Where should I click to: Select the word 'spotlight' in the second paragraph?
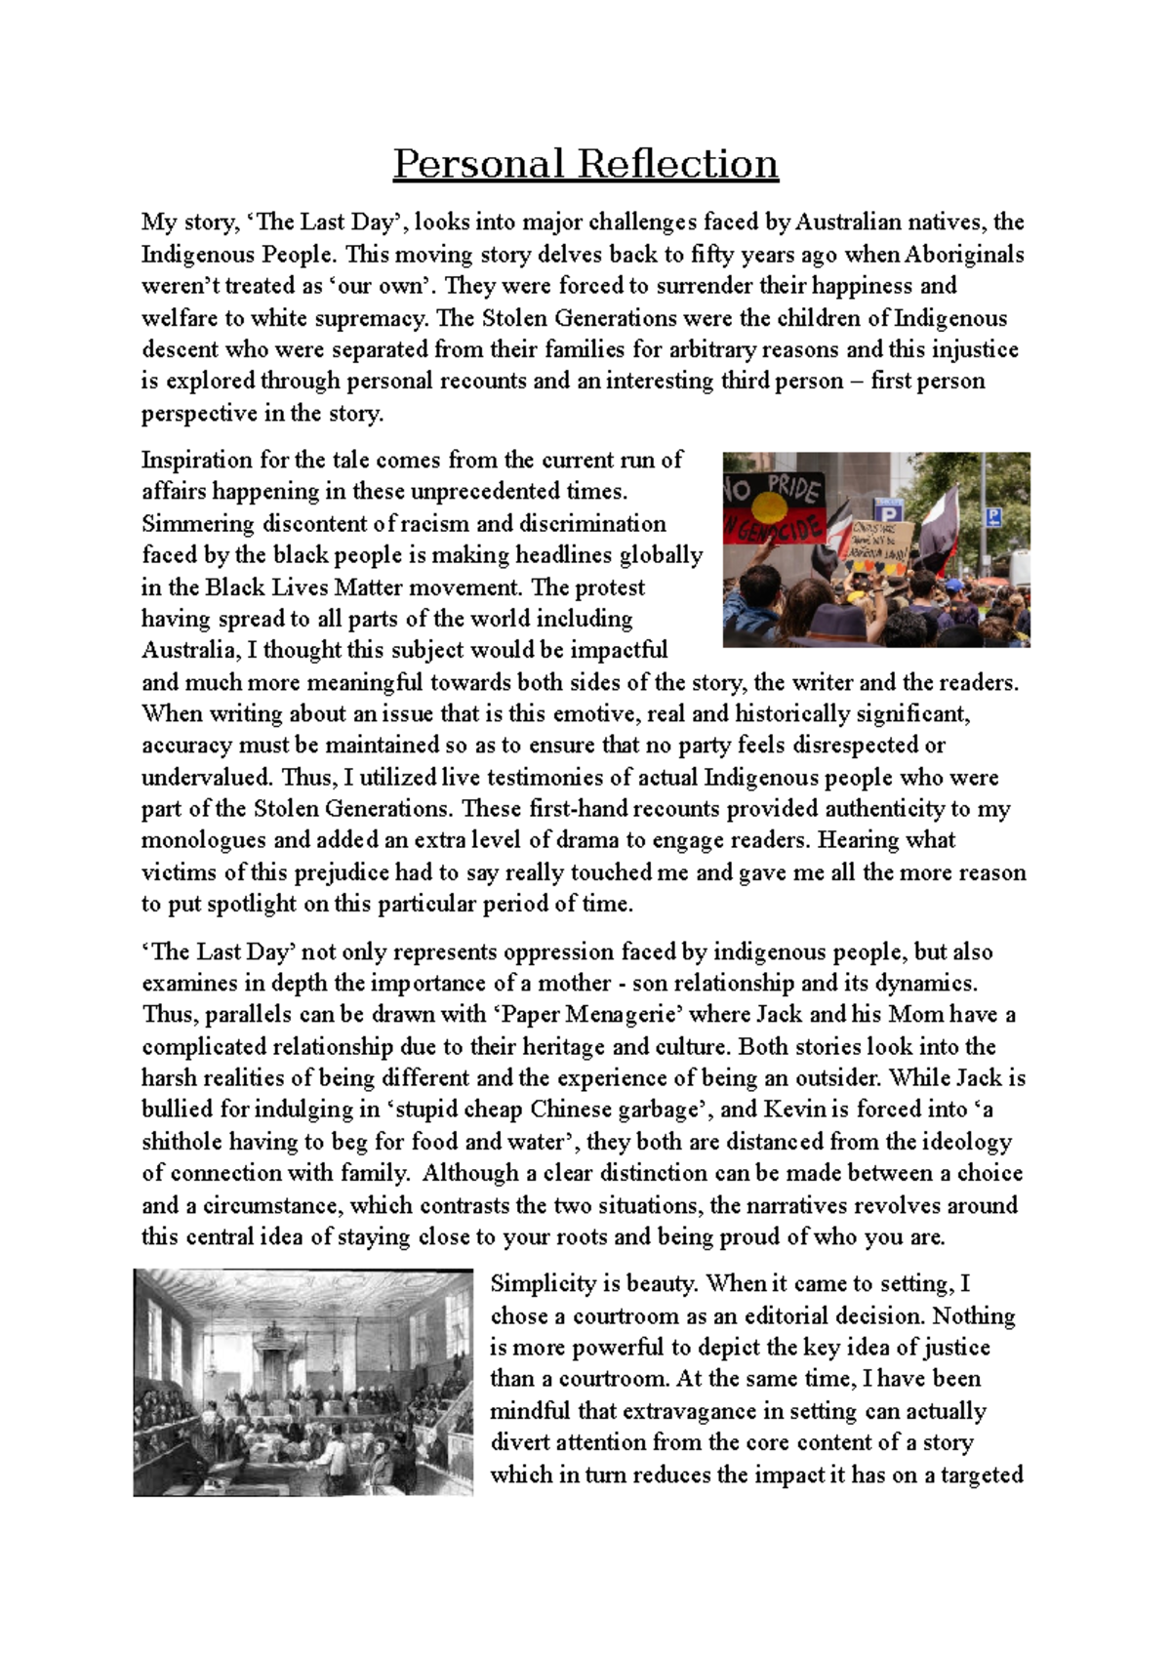(251, 904)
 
